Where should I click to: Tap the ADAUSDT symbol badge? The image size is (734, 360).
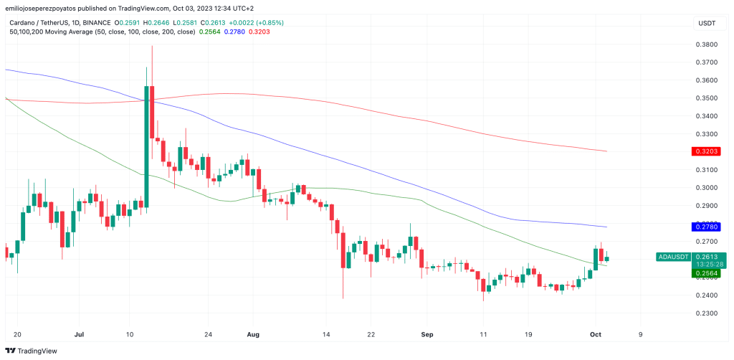(673, 257)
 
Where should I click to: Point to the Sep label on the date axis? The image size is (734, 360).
(427, 334)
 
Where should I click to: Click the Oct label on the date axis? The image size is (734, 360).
(595, 334)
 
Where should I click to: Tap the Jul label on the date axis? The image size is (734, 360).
(80, 334)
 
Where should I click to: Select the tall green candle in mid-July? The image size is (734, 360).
(146, 148)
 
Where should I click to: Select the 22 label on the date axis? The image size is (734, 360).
(371, 334)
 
